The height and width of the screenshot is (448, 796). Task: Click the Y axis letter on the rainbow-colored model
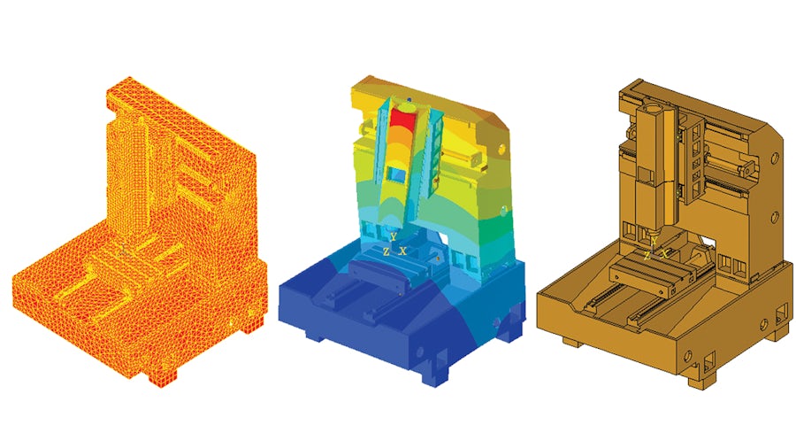coord(393,237)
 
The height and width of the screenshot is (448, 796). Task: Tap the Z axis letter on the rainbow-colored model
coord(386,251)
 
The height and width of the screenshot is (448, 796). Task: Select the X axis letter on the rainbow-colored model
coord(403,251)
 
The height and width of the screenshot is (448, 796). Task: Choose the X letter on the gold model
coord(664,253)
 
